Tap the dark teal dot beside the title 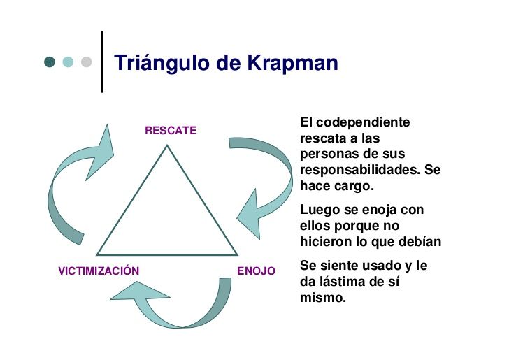(50, 62)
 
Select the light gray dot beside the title (86, 62)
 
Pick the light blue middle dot (68, 62)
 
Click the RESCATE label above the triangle (171, 130)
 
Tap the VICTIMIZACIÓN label (99, 271)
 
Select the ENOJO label (257, 271)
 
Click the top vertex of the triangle (167, 146)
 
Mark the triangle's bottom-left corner (98, 254)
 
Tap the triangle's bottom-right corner (236, 254)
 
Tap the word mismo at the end (322, 297)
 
